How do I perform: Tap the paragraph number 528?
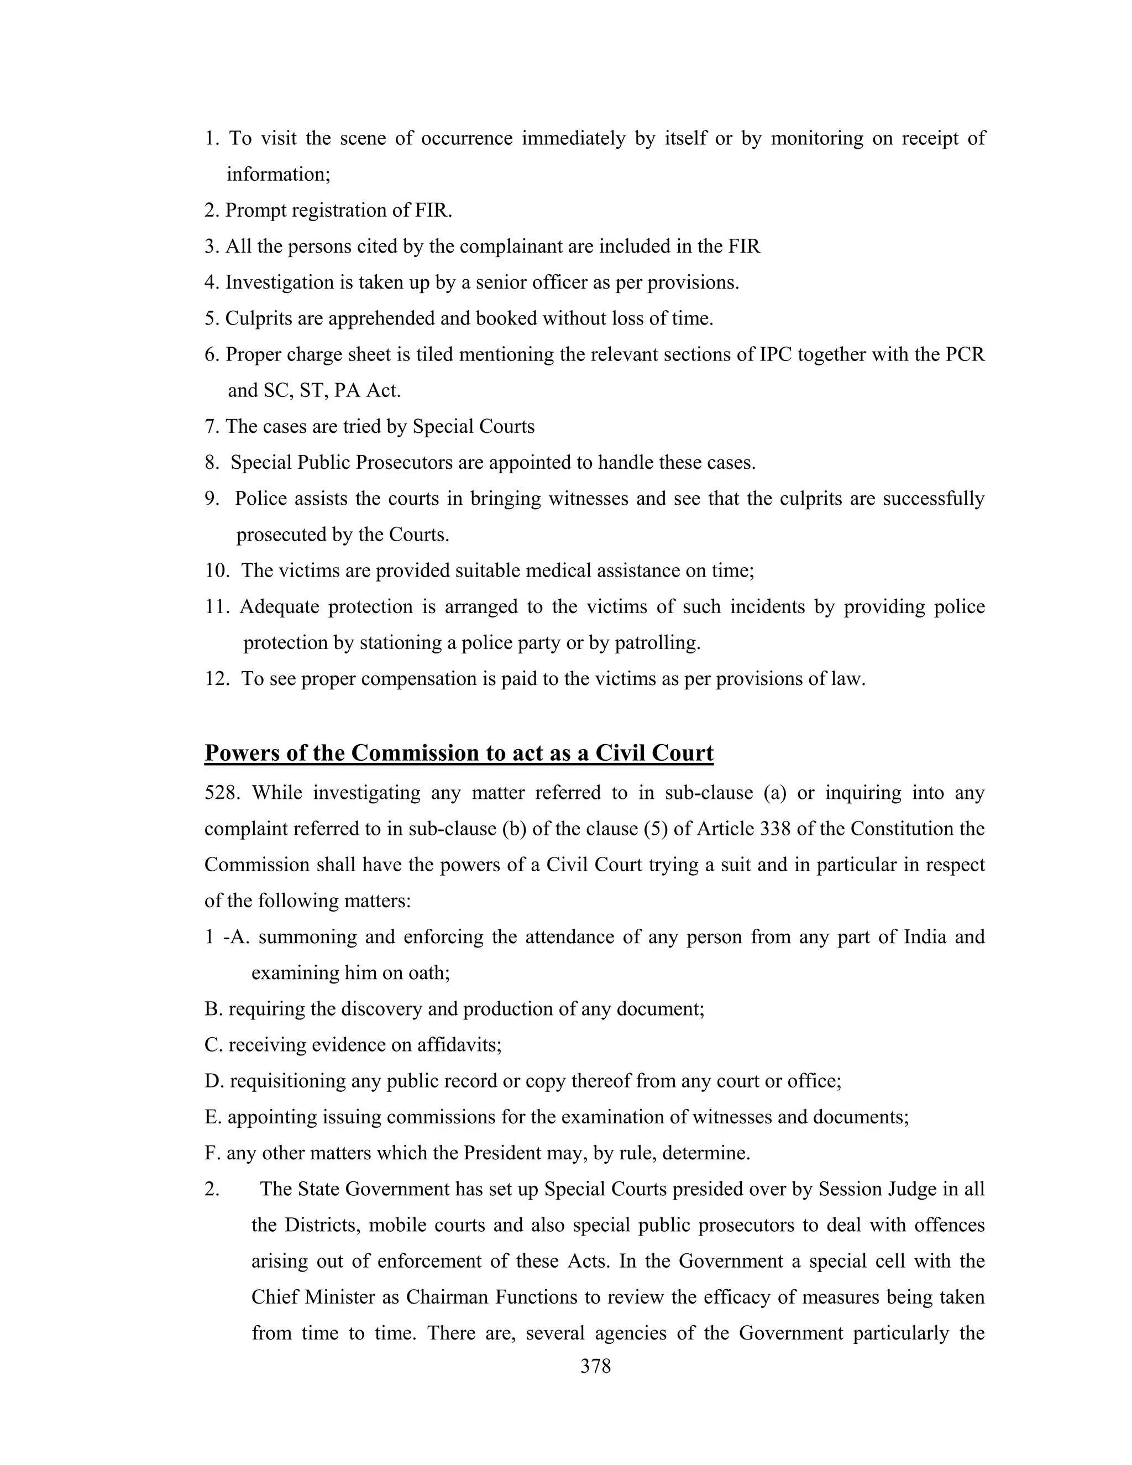click(221, 793)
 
